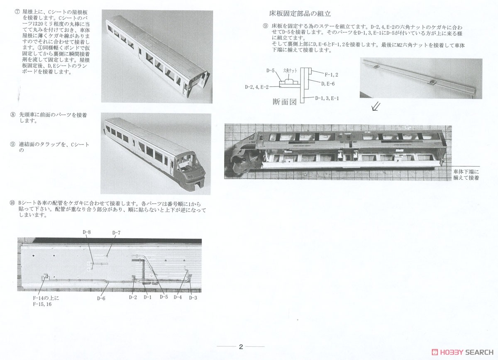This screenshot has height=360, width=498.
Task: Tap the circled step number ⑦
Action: pyautogui.click(x=17, y=12)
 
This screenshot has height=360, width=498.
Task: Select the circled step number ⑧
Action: pyautogui.click(x=12, y=114)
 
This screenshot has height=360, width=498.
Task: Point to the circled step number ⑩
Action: pyautogui.click(x=12, y=203)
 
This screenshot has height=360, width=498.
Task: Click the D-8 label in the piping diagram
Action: pyautogui.click(x=87, y=232)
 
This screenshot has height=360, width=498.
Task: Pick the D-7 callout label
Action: pyautogui.click(x=116, y=233)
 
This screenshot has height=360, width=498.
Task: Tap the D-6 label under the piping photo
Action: pyautogui.click(x=101, y=297)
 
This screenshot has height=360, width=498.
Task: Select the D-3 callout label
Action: pyautogui.click(x=193, y=297)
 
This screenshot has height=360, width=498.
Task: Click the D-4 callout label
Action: pyautogui.click(x=178, y=297)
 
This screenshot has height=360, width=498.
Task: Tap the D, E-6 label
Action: pyautogui.click(x=328, y=83)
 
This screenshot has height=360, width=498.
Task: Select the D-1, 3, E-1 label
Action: pyautogui.click(x=327, y=98)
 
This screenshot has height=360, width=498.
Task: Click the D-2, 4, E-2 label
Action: pyautogui.click(x=257, y=87)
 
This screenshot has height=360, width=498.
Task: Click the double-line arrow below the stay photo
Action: pyautogui.click(x=376, y=107)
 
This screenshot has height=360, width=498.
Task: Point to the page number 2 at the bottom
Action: pyautogui.click(x=241, y=347)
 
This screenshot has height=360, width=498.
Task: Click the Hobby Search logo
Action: pyautogui.click(x=460, y=352)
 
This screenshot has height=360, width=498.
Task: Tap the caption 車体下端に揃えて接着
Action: pyautogui.click(x=466, y=174)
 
